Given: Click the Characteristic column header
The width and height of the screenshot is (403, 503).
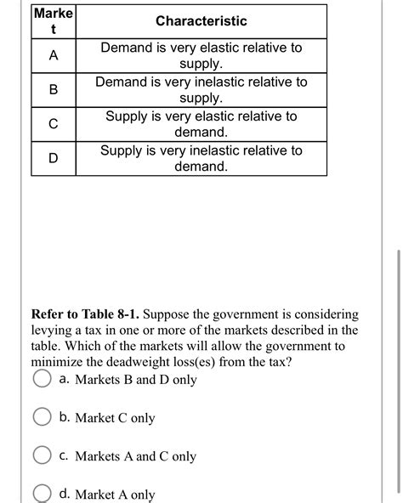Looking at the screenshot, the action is (201, 20).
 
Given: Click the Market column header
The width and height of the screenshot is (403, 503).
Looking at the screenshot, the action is (54, 20).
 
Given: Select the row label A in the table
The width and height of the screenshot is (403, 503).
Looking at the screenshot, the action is (54, 56).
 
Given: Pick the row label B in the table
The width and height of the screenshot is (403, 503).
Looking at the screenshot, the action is (54, 90).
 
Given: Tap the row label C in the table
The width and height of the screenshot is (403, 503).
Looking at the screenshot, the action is (54, 124).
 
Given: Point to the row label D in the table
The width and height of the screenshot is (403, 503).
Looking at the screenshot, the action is (54, 159).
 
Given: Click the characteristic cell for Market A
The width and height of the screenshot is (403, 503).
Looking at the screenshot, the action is (201, 56).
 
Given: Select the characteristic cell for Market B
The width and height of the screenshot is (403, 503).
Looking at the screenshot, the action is (201, 90).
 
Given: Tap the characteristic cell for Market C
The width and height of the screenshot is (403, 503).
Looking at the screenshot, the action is (201, 124).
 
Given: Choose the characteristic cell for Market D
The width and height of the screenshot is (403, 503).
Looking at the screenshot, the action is (201, 159).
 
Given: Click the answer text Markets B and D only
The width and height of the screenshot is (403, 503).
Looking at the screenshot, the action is (136, 380).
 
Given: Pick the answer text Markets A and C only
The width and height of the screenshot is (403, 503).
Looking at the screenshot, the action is (136, 456).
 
